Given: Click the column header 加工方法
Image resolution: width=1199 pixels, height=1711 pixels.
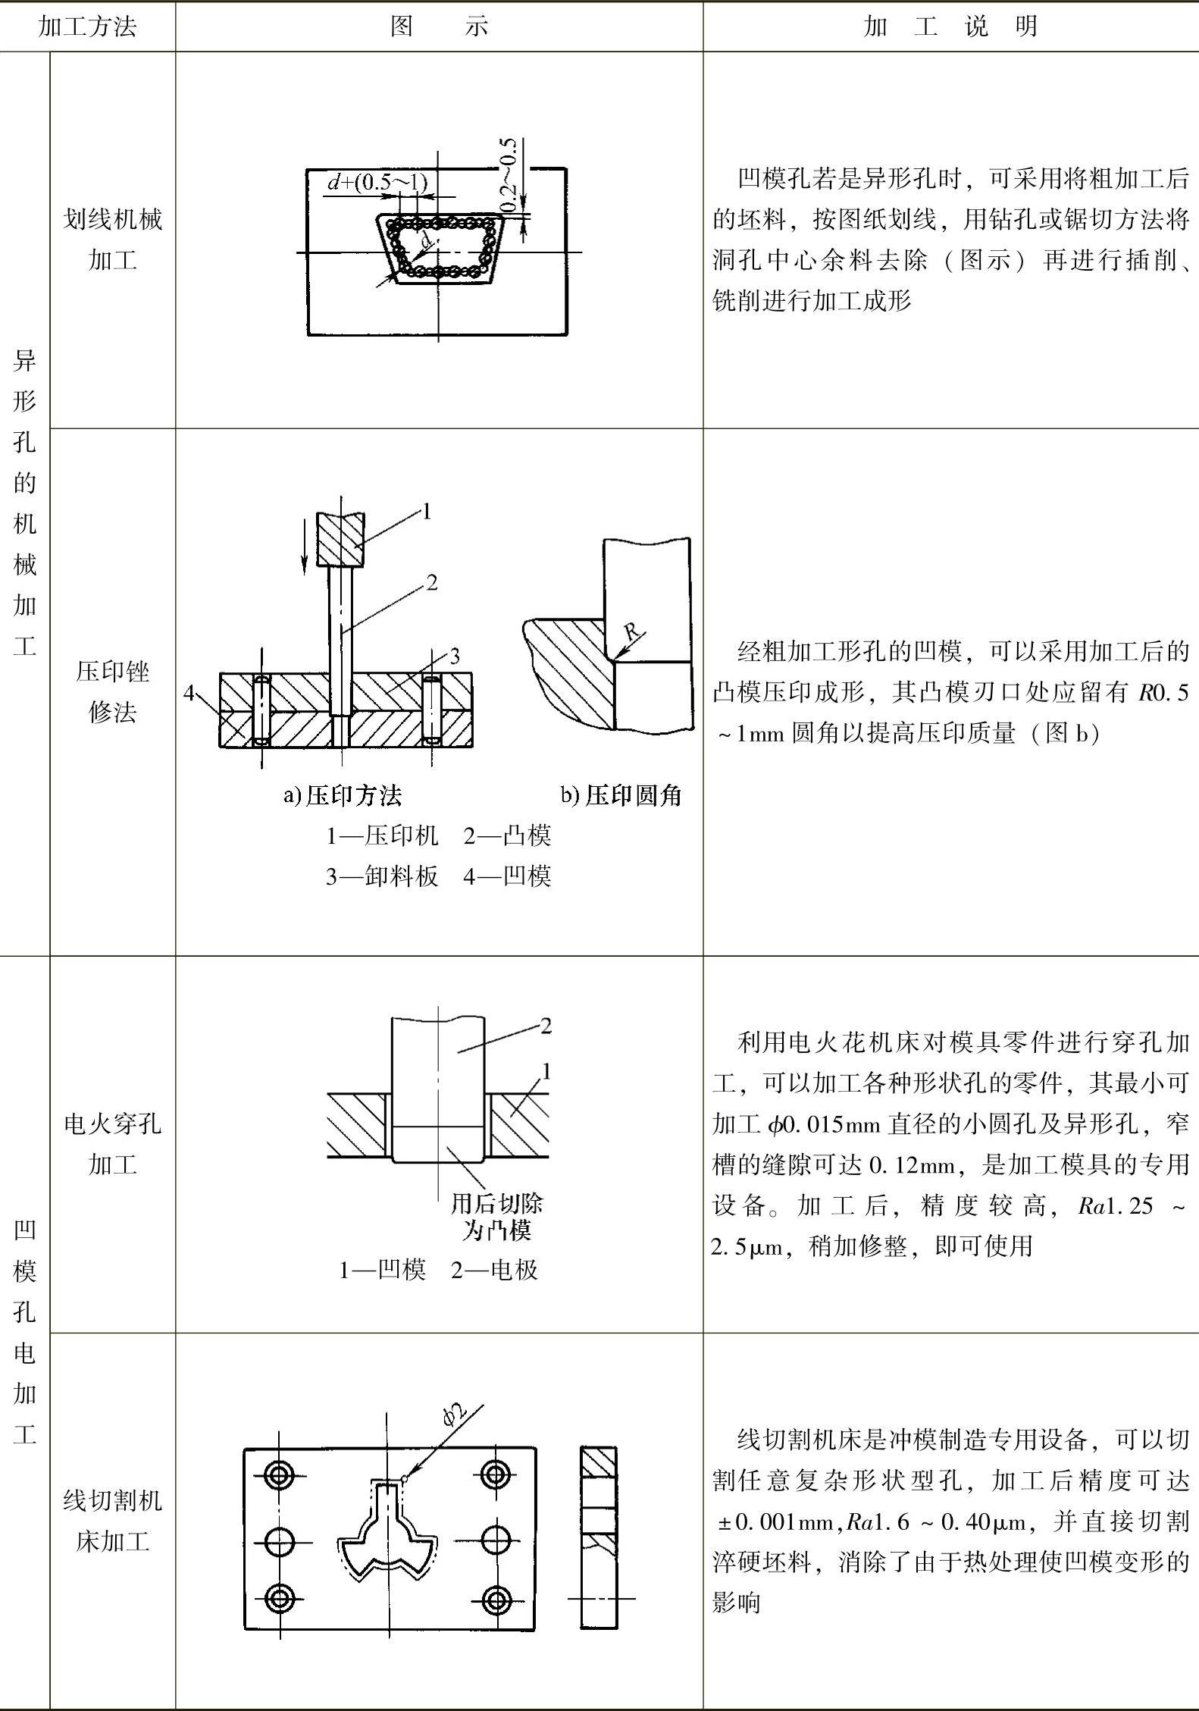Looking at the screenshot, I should tap(87, 27).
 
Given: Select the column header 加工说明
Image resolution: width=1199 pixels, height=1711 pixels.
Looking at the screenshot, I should tap(950, 27).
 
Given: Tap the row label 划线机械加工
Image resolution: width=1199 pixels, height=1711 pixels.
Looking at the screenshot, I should tap(112, 240).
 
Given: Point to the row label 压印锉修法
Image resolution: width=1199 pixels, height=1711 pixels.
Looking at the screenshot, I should tap(112, 691).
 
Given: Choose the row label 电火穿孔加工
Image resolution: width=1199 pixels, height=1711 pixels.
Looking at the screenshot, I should tap(112, 1143).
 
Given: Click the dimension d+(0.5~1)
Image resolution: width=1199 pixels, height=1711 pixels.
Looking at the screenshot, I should tap(377, 182).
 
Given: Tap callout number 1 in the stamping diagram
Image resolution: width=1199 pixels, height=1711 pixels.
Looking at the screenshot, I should tap(427, 512).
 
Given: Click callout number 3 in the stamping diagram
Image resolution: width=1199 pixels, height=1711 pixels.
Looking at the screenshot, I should tap(455, 656).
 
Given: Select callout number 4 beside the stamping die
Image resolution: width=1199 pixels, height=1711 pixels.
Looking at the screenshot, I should tap(189, 693).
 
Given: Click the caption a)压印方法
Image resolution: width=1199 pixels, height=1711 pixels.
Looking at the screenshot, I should tap(343, 795).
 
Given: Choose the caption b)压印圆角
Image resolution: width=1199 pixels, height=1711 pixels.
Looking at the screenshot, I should tap(621, 795).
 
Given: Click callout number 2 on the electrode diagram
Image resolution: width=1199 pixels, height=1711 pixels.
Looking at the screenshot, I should tap(546, 1026).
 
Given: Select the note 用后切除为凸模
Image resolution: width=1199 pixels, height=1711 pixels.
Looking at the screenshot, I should tap(496, 1217).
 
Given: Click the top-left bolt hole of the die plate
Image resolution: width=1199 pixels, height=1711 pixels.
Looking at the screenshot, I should tap(279, 1474).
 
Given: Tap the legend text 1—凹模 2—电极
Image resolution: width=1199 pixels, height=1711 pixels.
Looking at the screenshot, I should tap(438, 1270).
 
